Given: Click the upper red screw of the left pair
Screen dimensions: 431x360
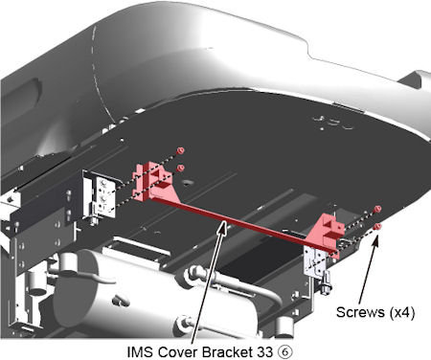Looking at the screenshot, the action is point(181,150).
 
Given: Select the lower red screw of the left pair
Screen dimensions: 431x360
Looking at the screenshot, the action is point(181,168).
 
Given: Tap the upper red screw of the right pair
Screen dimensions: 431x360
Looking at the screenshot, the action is point(377,209).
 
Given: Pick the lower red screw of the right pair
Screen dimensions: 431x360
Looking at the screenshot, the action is point(378,227).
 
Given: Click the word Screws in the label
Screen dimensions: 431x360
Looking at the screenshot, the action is point(361,312).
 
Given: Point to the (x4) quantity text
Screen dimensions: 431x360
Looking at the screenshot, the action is point(402,312).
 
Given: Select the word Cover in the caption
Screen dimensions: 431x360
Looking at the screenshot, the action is point(177,352).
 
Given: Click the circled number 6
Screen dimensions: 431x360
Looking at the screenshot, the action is point(284,352).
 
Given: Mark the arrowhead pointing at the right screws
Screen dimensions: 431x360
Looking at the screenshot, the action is point(376,241).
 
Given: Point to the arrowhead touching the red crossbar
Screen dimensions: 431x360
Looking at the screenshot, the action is point(223,228).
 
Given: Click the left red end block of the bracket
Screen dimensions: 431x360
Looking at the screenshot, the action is point(152,181).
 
